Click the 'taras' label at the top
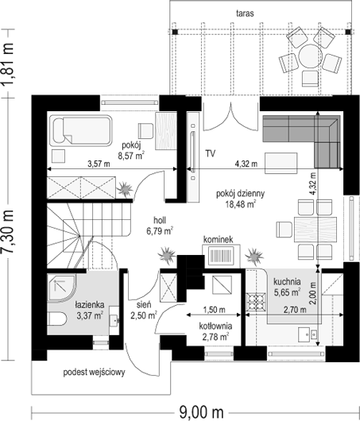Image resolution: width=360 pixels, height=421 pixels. (245, 14)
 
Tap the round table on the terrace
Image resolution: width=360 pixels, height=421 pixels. (310, 56)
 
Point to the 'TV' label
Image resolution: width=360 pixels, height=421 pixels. (211, 154)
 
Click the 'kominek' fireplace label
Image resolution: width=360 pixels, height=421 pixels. (219, 240)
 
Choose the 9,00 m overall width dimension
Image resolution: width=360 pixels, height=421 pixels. (201, 411)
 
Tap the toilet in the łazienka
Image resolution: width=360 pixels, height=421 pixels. (56, 319)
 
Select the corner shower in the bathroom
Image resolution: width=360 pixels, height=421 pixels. (61, 288)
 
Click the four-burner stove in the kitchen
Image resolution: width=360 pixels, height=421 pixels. (257, 302)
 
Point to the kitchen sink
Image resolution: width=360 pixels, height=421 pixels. (308, 334)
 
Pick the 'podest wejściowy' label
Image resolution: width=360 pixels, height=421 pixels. (94, 373)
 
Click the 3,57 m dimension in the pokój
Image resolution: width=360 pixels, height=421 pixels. (99, 164)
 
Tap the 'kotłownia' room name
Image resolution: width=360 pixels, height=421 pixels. (215, 326)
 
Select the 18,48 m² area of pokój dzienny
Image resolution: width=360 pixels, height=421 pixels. (240, 204)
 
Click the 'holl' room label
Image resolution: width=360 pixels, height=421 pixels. (160, 221)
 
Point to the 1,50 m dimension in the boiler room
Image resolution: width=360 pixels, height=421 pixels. (214, 310)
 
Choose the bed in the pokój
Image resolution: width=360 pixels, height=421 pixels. (82, 131)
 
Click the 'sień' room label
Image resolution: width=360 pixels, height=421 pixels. (144, 305)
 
